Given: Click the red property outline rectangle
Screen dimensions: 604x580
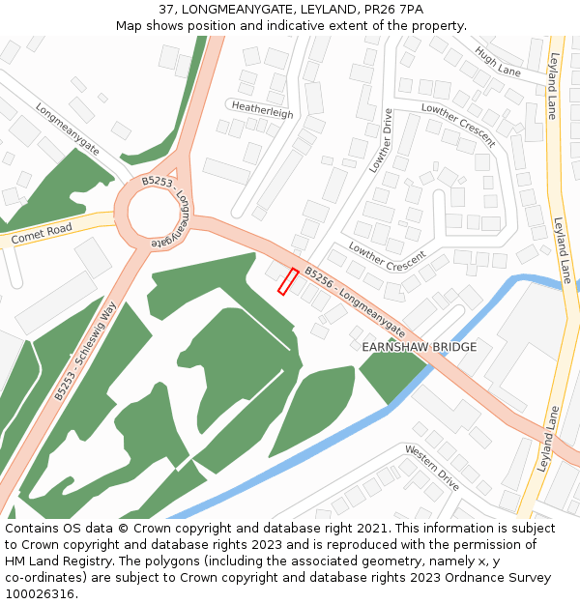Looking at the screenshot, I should pos(288,281).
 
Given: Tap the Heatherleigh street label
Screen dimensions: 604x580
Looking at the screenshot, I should pos(262,113).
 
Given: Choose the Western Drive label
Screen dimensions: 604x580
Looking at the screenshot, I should pos(432,467).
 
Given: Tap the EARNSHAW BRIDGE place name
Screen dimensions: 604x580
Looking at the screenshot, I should pos(420,347).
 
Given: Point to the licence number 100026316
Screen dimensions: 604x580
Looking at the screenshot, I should pos(40,594).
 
